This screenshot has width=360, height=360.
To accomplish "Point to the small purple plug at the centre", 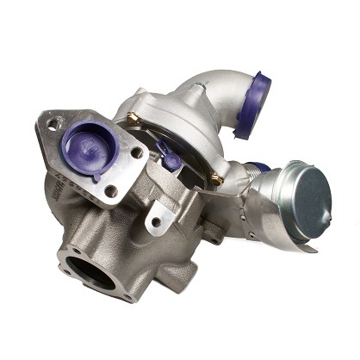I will coord(171,158).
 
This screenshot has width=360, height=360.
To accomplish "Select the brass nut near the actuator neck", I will coord(214,180).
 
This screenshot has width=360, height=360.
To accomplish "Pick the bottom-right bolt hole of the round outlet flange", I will coord(127,295).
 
